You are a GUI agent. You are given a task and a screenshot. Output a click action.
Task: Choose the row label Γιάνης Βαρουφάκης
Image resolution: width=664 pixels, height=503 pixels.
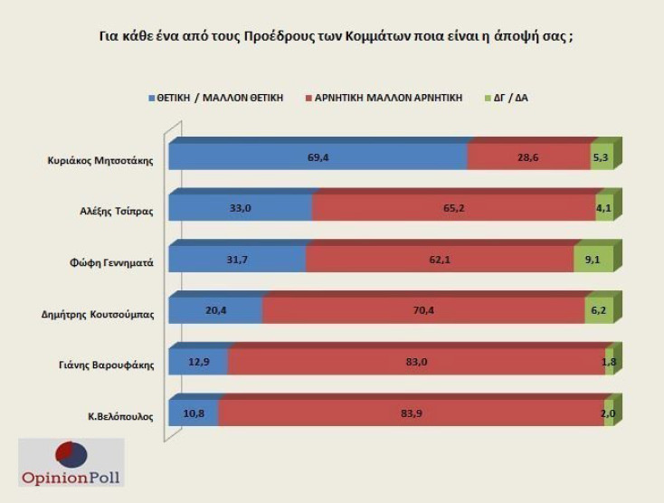tap(109, 366)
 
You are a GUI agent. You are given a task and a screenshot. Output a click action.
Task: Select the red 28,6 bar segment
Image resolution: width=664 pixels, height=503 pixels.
tap(529, 157)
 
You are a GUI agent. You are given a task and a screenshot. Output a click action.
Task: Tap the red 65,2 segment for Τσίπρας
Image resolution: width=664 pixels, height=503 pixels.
tap(453, 208)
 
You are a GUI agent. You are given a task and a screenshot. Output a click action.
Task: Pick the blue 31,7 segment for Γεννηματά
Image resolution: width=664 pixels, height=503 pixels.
tap(237, 260)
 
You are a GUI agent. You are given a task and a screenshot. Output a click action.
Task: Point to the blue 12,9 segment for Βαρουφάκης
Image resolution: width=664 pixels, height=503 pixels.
tap(199, 362)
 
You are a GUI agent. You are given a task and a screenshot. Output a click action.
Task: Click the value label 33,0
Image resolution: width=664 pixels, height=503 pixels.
tap(241, 208)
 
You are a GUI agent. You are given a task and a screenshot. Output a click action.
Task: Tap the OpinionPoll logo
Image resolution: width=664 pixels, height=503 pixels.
tap(71, 463)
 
